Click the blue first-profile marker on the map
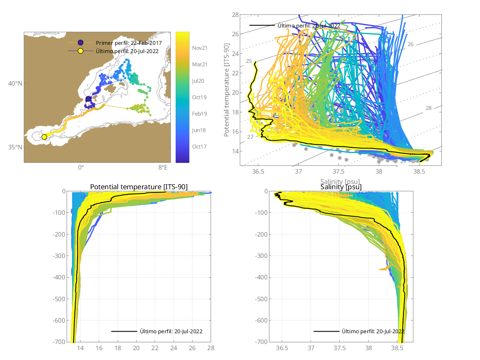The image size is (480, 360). (x=88, y=99)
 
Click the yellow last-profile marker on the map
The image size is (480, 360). (x=44, y=137)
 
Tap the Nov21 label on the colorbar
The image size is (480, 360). (x=199, y=48)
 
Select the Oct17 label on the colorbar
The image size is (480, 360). (x=199, y=146)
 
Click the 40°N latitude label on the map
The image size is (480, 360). (x=15, y=84)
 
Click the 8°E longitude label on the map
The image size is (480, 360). (x=163, y=167)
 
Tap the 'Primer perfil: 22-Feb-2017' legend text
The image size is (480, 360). (x=128, y=43)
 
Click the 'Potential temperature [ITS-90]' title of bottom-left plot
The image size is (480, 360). (x=139, y=187)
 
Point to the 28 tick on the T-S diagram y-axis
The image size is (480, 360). (x=235, y=14)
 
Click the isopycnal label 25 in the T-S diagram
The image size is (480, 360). (x=249, y=61)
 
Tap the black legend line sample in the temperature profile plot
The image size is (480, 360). (x=124, y=331)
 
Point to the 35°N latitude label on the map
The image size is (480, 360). (x=15, y=147)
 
